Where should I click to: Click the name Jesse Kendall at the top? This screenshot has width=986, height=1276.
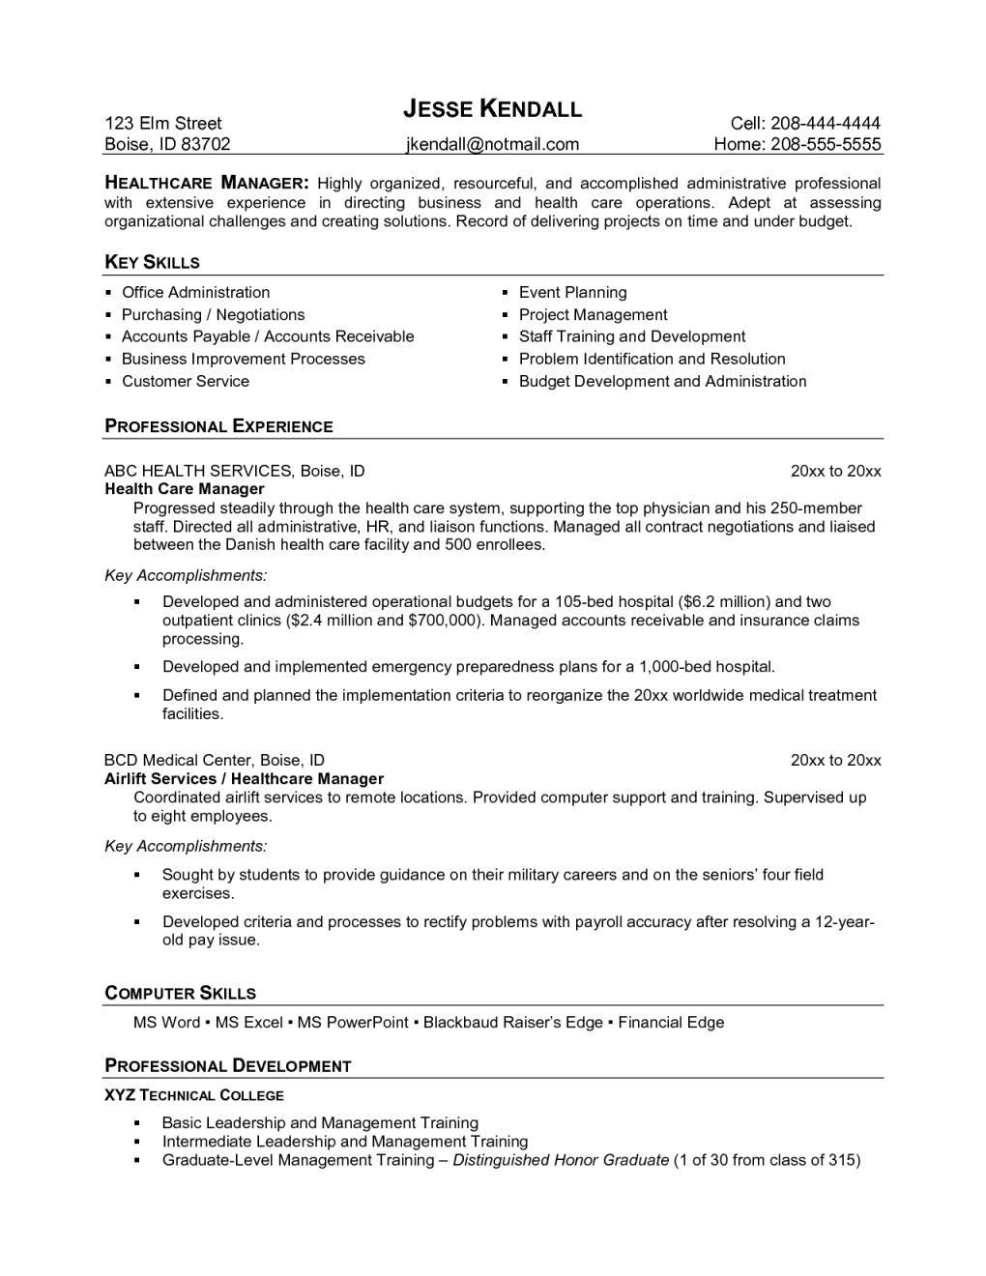pos(492,108)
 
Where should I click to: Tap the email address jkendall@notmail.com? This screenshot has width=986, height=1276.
pos(492,145)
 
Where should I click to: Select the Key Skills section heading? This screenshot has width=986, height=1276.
pos(152,262)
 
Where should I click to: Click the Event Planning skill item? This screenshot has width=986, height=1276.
pos(572,293)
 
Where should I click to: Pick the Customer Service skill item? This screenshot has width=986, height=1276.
pos(185,382)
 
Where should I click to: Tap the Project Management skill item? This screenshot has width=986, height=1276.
pos(593,315)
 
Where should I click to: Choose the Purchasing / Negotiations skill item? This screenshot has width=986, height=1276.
pos(213,315)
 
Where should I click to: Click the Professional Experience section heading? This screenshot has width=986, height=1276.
pos(218,426)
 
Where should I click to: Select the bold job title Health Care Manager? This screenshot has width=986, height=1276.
pos(184,489)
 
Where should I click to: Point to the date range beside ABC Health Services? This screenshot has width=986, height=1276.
pos(835,472)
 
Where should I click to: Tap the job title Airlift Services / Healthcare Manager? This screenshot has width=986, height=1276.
pos(244,779)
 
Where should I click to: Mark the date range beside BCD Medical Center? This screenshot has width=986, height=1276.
pos(835,761)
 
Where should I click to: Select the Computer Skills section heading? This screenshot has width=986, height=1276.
pos(180,993)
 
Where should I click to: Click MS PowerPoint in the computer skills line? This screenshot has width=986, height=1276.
pos(353,1023)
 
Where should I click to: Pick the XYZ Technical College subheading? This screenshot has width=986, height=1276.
pos(193,1095)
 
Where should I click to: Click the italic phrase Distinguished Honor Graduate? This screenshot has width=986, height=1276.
pos(561,1160)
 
